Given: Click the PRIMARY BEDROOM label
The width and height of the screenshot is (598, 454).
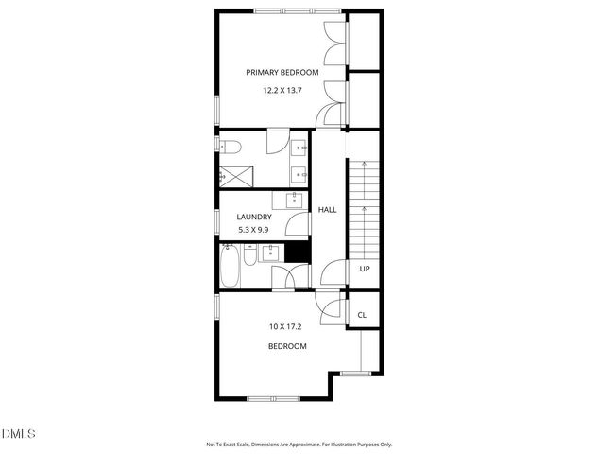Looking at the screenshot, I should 282,72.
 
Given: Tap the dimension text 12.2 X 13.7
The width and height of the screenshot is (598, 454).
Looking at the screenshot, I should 282,91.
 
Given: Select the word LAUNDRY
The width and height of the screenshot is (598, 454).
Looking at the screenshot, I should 254,217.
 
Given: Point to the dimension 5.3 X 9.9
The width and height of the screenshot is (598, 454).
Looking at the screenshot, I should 254,229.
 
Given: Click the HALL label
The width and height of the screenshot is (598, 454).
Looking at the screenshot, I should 327,210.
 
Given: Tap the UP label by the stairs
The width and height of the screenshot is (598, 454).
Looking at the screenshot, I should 364,269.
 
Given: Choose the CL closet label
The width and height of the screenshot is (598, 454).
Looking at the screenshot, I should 362,315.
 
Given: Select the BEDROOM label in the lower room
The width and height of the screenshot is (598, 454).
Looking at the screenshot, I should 287,346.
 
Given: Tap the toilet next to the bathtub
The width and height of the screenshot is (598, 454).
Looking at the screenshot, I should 248,255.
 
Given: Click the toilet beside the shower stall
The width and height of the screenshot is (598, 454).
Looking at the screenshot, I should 230,146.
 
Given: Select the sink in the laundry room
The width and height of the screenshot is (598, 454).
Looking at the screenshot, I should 294,199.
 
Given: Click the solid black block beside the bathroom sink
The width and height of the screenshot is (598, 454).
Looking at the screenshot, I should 298,252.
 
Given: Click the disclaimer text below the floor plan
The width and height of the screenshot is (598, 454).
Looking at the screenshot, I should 299,444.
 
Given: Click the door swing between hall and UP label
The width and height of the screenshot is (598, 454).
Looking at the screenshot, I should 333,273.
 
